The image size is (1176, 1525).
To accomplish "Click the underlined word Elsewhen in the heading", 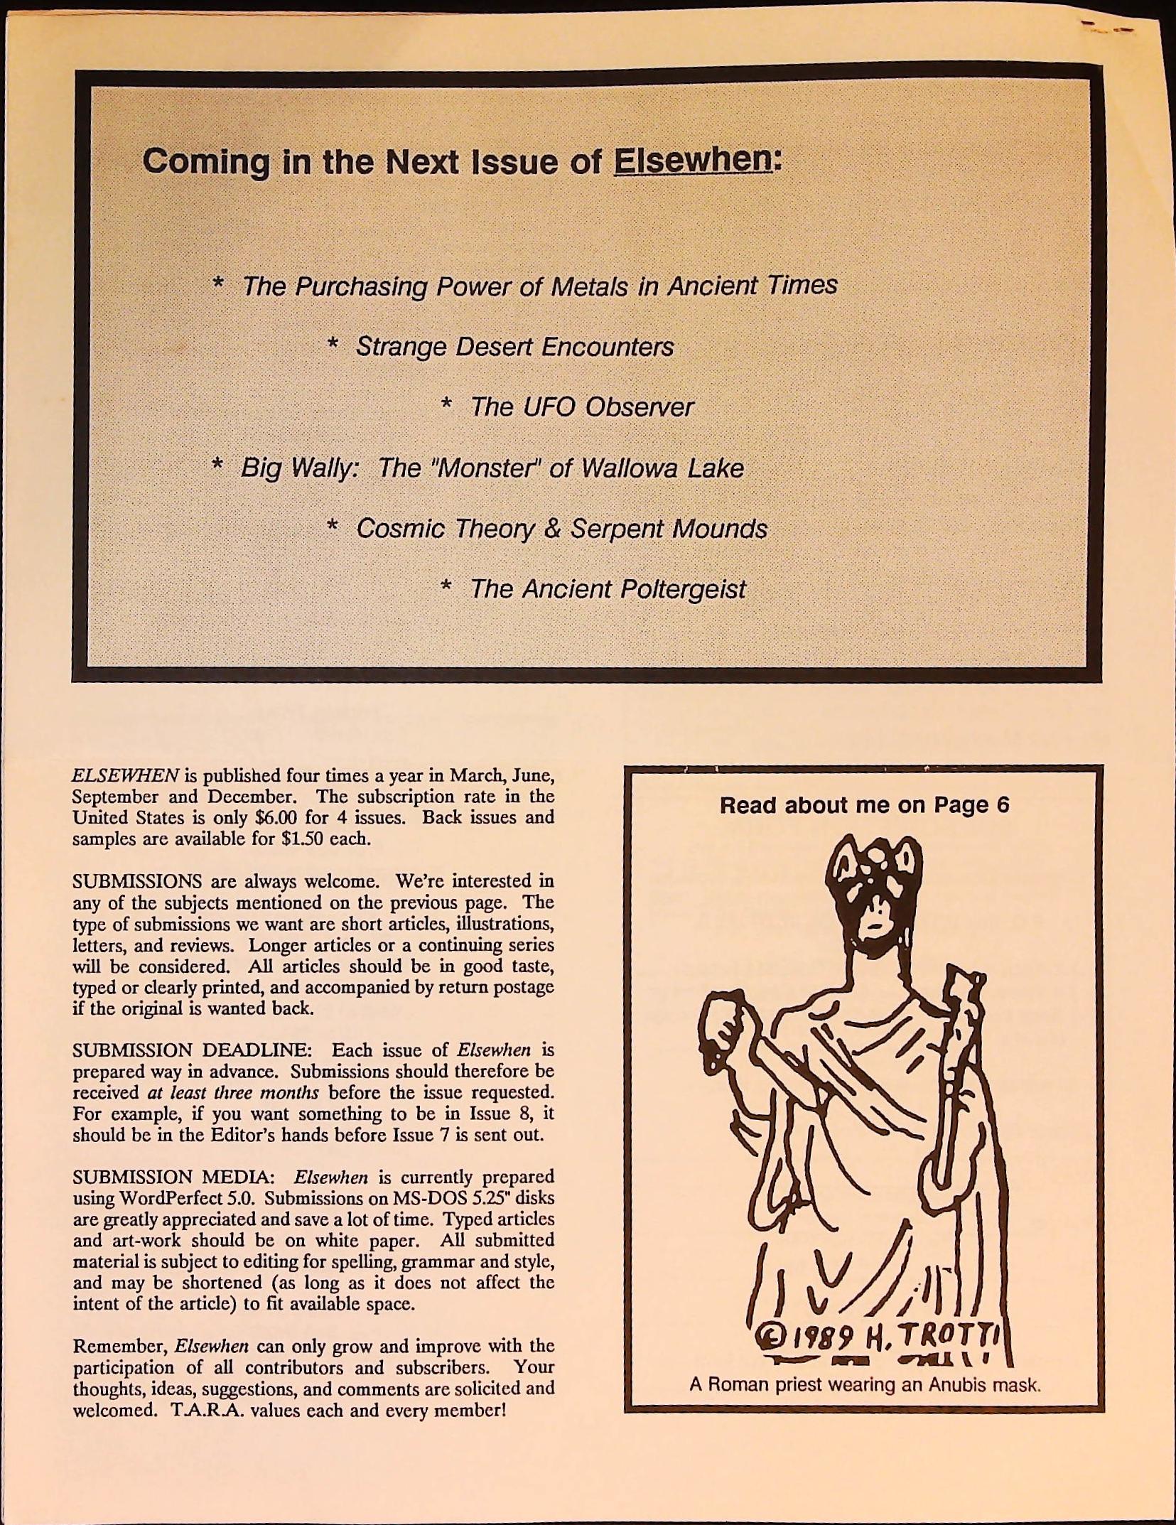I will [x=692, y=161].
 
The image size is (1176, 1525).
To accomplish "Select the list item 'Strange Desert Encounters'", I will [x=514, y=347].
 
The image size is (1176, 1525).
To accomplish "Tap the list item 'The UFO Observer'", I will [x=581, y=407].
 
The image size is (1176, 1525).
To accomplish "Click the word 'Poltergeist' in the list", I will [x=683, y=589].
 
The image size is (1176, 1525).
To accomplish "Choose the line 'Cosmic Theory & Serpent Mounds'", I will [x=561, y=529].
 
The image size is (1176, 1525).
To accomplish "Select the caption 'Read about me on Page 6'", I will [x=864, y=805].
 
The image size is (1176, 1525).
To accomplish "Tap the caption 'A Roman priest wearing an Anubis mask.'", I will [x=865, y=1385].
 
